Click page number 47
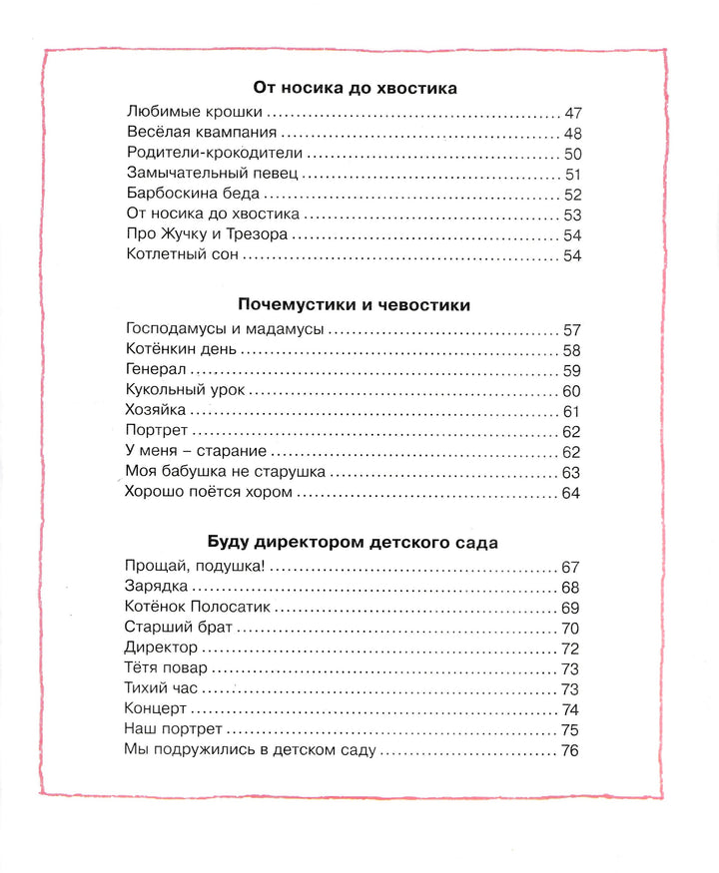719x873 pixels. [572, 113]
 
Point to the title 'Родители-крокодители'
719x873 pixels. [215, 154]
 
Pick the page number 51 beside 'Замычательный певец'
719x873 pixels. [573, 175]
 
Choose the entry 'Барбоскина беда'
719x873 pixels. [189, 195]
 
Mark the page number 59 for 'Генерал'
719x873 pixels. [572, 370]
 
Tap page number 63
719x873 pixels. [571, 472]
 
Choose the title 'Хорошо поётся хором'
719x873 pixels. [209, 492]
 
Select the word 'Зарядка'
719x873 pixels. [157, 587]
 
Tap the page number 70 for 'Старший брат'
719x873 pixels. [571, 628]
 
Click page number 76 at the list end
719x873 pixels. [571, 750]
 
